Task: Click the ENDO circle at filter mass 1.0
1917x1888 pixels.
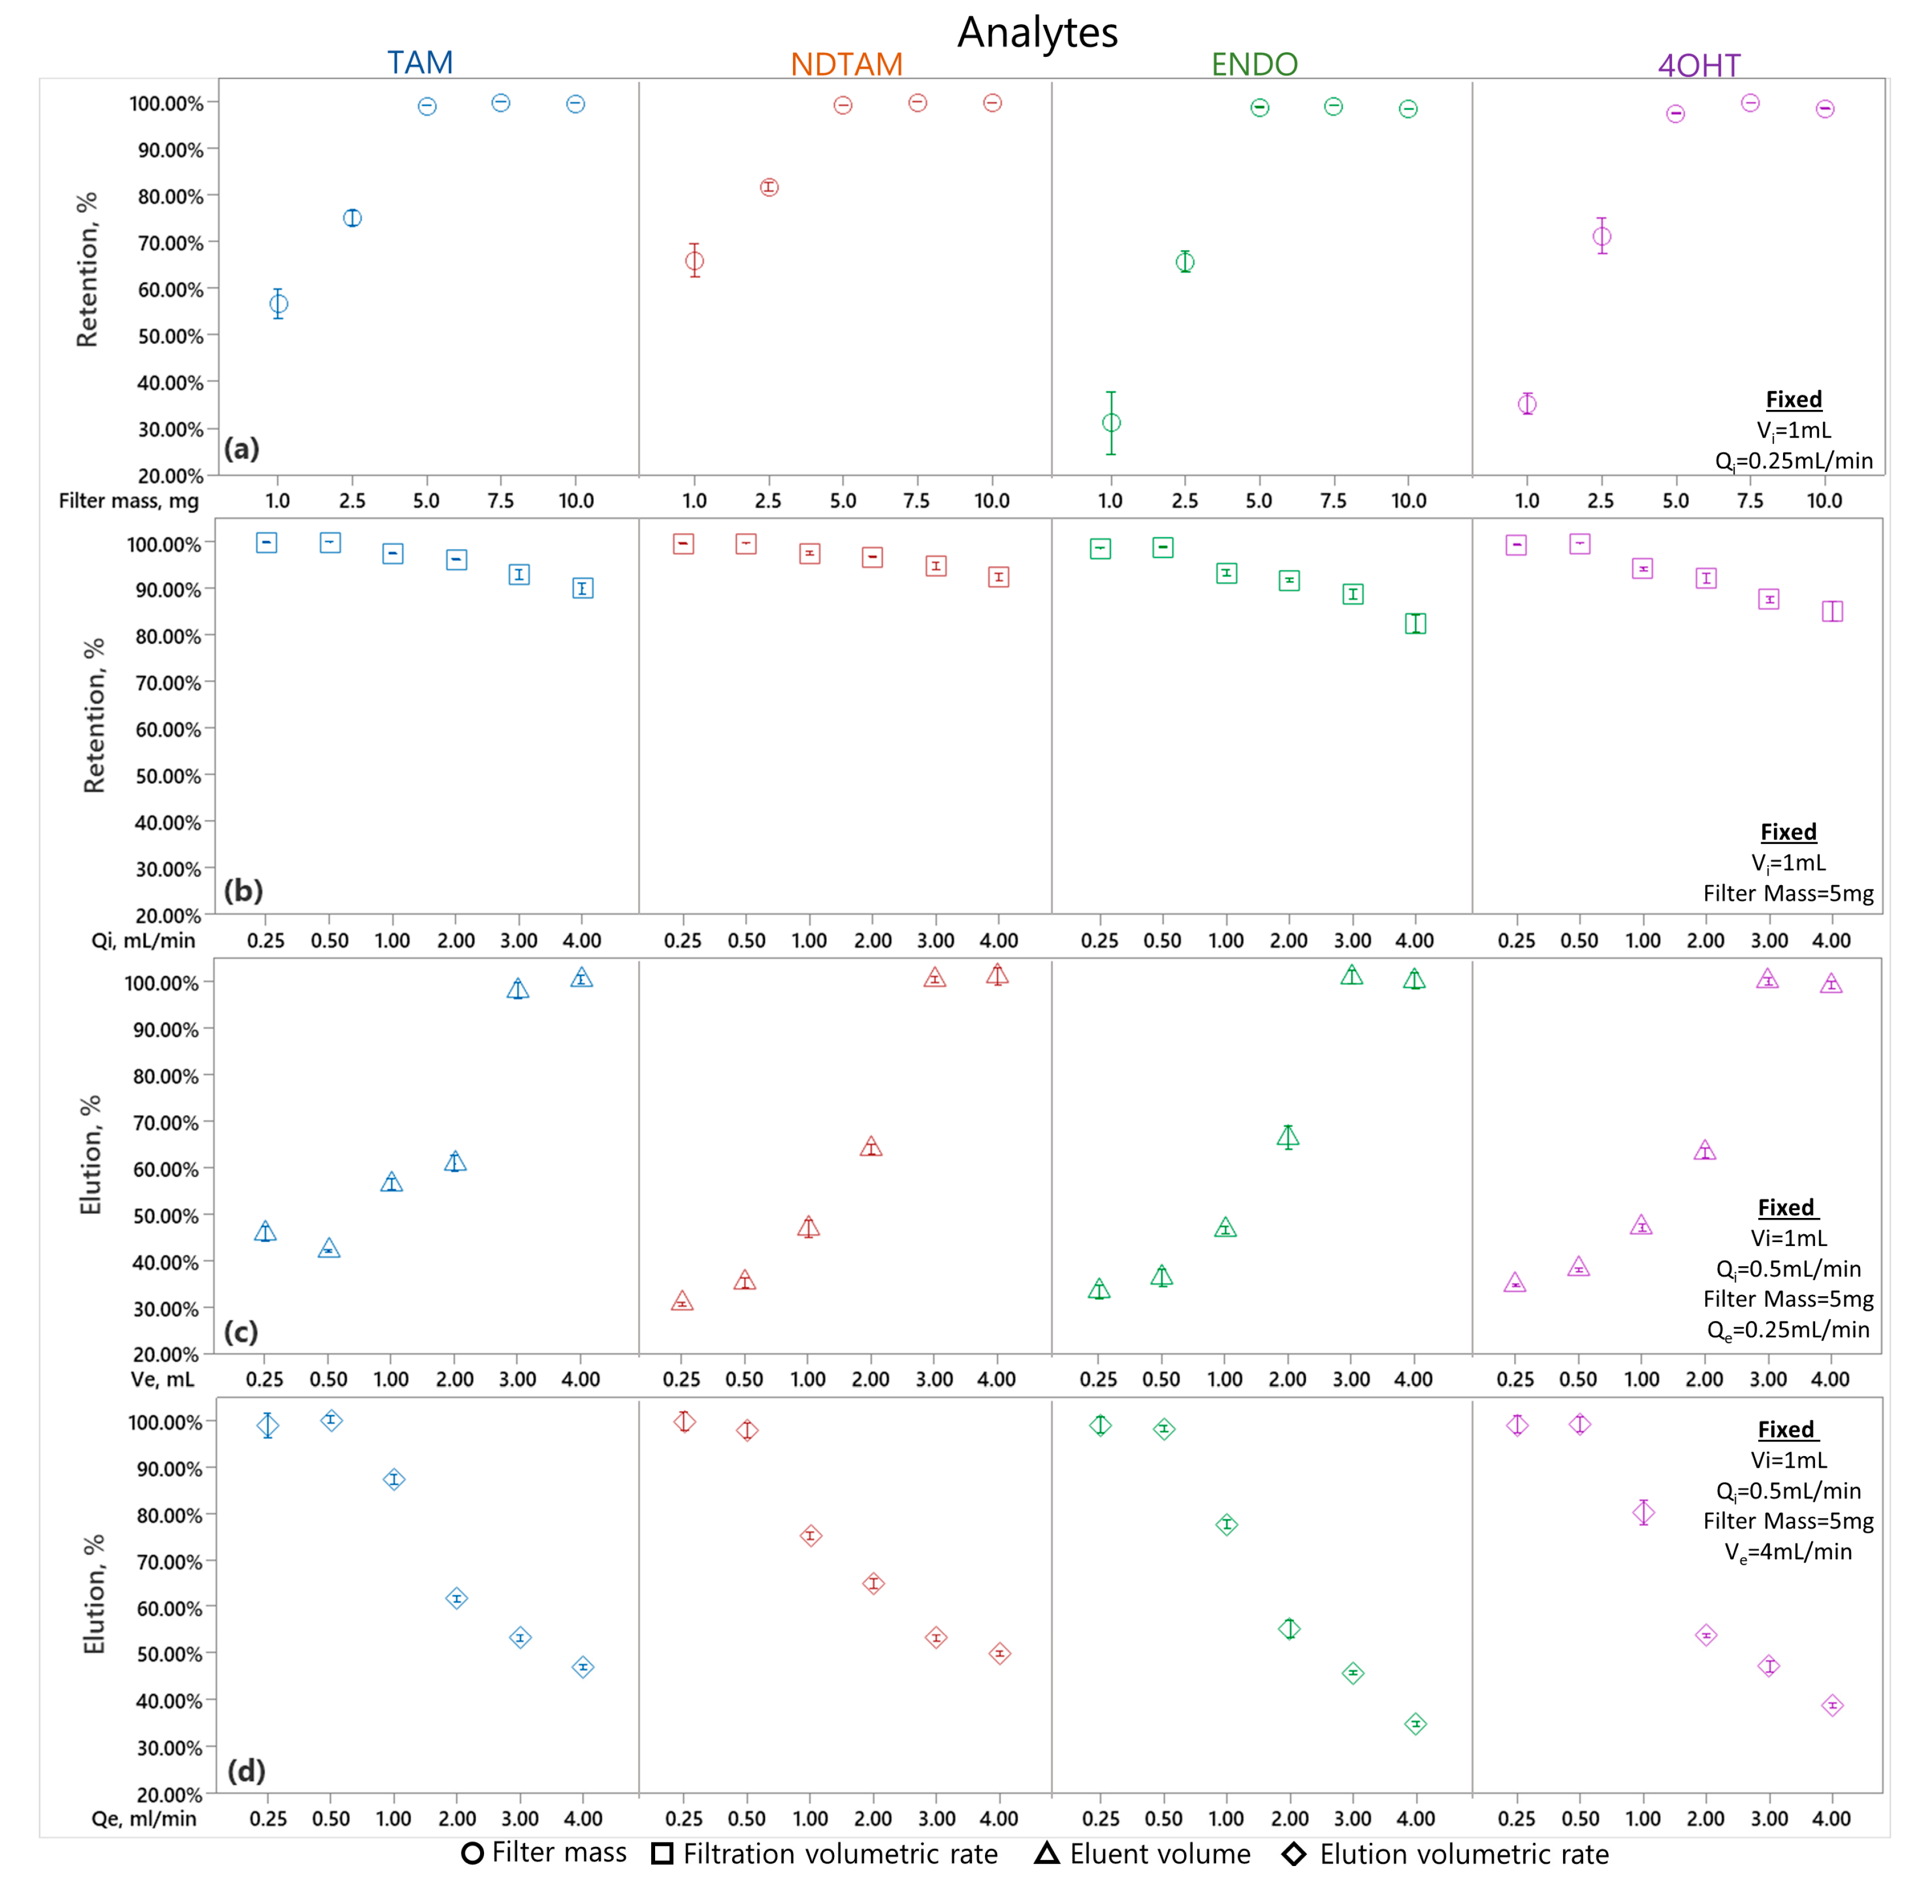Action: [1111, 422]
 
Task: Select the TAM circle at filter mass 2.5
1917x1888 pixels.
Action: [352, 218]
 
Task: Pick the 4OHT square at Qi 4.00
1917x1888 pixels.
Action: [1832, 611]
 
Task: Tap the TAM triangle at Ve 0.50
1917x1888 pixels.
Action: [329, 1248]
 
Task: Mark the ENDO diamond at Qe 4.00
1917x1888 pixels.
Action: [1416, 1724]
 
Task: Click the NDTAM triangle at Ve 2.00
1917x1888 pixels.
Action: [870, 1148]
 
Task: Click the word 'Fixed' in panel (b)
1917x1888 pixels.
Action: [1788, 832]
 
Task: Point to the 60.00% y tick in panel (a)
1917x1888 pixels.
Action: [168, 289]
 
